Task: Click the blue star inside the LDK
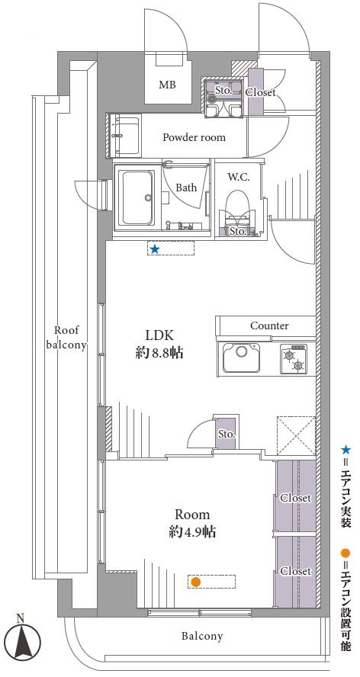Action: [154, 249]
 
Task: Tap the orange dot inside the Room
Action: [196, 582]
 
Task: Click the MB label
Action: [167, 85]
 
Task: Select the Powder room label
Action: [194, 138]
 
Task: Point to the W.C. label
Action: [238, 177]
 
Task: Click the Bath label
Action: [186, 188]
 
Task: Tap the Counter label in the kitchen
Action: [269, 326]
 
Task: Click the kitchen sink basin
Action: [242, 358]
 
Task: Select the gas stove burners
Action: [294, 359]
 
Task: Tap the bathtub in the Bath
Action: [137, 197]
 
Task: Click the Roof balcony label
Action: [67, 338]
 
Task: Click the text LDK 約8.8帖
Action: [159, 345]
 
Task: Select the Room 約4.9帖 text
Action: [192, 523]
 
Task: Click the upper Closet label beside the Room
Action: [296, 498]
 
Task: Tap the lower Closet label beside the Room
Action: [296, 571]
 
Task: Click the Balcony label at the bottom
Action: [202, 636]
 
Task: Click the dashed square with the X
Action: [296, 435]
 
